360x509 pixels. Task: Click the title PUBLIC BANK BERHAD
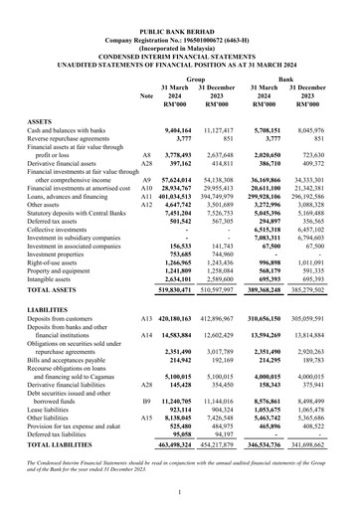(x=180, y=7)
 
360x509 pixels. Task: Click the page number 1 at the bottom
(x=179, y=493)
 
